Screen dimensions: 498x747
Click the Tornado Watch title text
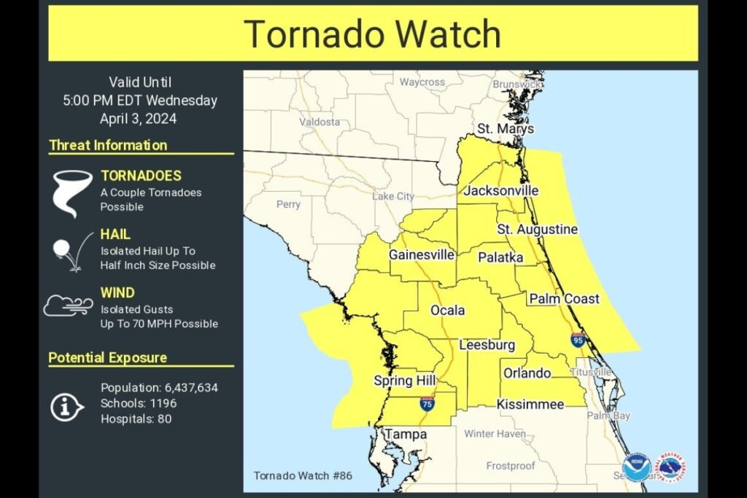coord(372,34)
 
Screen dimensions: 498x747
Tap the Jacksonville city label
coord(501,191)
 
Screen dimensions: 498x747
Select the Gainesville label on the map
coord(422,255)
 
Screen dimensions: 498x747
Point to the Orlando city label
coord(527,373)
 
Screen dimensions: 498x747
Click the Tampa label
coord(406,435)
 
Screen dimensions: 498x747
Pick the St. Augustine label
coord(538,230)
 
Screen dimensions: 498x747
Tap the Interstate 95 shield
coord(578,340)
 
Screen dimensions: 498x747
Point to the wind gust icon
coord(68,306)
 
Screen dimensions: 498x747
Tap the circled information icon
coord(67,407)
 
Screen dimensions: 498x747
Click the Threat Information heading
coord(108,145)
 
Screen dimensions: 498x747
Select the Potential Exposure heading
coord(108,358)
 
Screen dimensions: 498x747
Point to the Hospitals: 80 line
coord(137,419)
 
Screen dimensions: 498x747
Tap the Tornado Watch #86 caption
coord(303,475)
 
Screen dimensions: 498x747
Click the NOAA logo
coord(636,467)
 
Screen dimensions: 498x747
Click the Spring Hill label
coord(405,381)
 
